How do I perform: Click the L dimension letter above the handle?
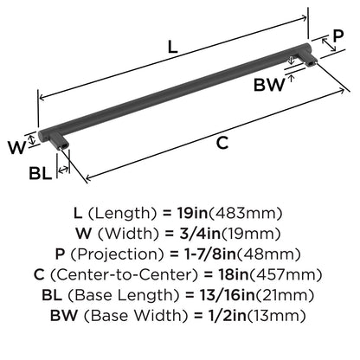click(x=172, y=47)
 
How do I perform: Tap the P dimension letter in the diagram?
click(x=338, y=35)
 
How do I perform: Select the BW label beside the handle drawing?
click(x=269, y=85)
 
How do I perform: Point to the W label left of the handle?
click(x=17, y=147)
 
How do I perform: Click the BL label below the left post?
click(x=41, y=173)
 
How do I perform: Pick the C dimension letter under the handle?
click(x=222, y=143)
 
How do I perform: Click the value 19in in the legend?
click(x=192, y=213)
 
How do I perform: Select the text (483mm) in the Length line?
click(x=245, y=213)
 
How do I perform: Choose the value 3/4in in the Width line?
click(x=200, y=234)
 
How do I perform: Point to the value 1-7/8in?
click(x=209, y=254)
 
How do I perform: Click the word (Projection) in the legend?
click(x=118, y=254)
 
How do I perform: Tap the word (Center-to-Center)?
click(x=125, y=274)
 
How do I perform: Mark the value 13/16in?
click(x=228, y=295)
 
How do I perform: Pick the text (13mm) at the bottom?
click(x=277, y=316)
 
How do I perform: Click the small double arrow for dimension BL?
click(x=63, y=170)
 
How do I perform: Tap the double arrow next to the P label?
click(x=329, y=45)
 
